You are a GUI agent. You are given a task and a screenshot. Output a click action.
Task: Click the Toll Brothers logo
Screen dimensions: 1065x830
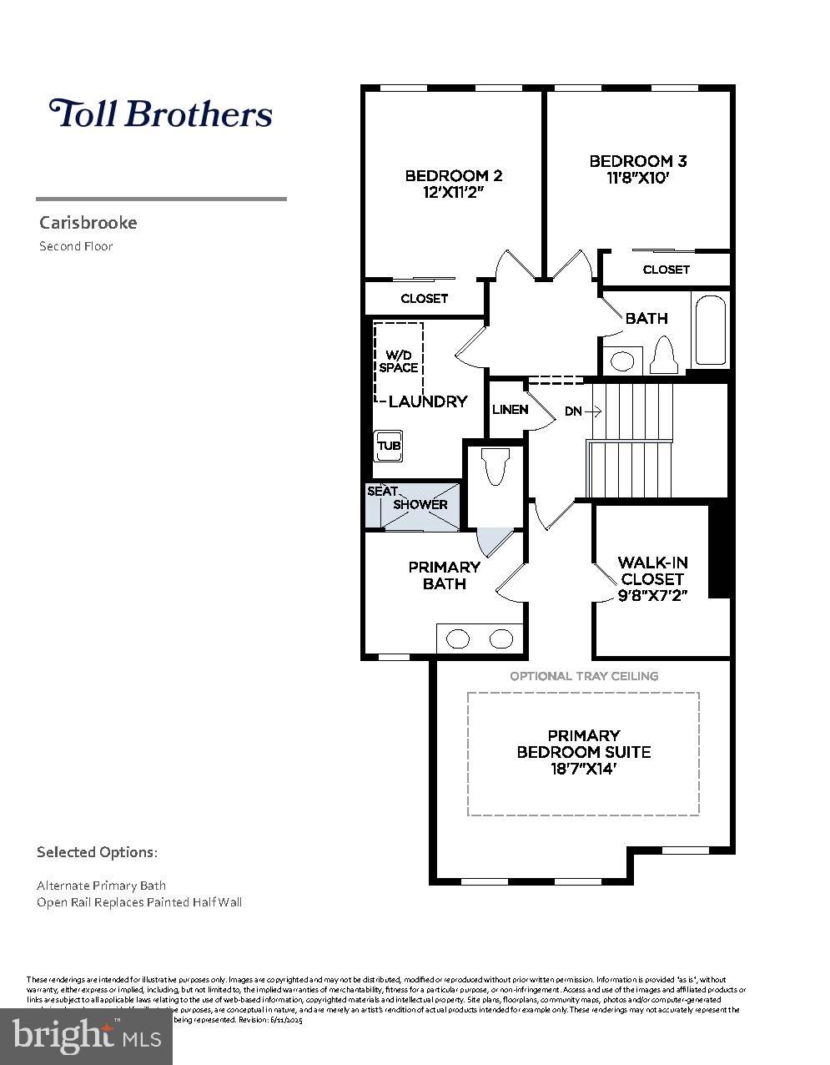point(160,114)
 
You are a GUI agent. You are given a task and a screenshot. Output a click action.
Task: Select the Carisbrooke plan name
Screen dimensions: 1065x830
point(88,223)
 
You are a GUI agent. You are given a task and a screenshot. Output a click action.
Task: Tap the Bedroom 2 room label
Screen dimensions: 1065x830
point(453,175)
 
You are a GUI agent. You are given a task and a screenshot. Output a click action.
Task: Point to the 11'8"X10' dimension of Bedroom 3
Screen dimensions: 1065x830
point(637,178)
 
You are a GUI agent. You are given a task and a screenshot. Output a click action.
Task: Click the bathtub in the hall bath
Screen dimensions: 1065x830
point(710,330)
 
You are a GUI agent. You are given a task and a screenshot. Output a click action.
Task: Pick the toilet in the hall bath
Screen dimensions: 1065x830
point(666,355)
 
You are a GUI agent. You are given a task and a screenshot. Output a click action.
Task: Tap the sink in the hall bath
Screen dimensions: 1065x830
point(621,361)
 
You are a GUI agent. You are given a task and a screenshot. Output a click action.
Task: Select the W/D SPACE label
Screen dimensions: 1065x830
point(398,361)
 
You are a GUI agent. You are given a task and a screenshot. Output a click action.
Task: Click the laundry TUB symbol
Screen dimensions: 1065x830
point(389,445)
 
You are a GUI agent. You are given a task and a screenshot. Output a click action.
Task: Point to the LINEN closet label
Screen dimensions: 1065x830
point(510,409)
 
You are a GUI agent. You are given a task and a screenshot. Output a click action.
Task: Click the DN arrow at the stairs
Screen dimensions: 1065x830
point(583,411)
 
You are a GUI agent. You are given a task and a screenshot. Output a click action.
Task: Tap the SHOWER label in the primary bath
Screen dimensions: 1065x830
point(420,504)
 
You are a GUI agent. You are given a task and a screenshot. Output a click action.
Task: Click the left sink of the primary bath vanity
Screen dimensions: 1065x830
point(458,639)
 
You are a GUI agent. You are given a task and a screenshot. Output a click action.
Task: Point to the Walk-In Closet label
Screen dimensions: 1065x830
point(652,571)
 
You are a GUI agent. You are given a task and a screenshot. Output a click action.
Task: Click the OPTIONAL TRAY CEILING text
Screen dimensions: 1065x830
point(584,676)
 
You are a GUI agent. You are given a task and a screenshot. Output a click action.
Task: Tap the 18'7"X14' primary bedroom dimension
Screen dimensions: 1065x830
point(583,769)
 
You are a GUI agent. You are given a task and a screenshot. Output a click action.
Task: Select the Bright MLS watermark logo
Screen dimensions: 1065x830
point(87,1036)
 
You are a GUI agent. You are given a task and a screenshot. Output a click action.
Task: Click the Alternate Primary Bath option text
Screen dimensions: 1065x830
point(101,885)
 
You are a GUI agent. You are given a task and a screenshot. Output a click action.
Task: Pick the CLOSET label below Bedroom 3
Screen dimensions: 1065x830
point(666,270)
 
